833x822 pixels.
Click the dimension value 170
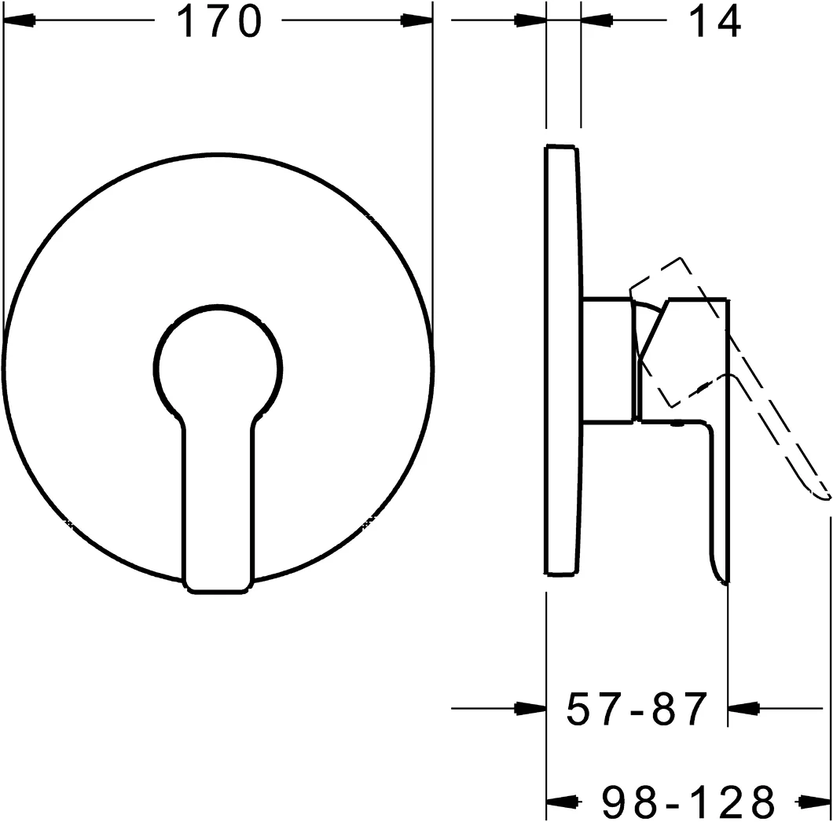[x=218, y=22]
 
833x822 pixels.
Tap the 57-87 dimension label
[x=637, y=710]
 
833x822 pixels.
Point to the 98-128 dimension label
[x=689, y=802]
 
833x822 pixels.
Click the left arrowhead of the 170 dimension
[x=19, y=22]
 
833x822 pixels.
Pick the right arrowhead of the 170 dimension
[x=417, y=22]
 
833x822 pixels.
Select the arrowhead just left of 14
[x=596, y=22]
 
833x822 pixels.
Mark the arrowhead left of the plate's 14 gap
[x=530, y=22]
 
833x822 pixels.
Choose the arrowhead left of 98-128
[x=561, y=802]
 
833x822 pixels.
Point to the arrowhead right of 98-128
[x=816, y=802]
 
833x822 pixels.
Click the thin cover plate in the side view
[x=563, y=361]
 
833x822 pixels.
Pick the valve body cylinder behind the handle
[x=607, y=361]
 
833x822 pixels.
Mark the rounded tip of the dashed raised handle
[x=821, y=494]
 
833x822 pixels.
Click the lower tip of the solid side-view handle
[x=721, y=578]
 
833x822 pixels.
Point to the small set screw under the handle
[x=674, y=426]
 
